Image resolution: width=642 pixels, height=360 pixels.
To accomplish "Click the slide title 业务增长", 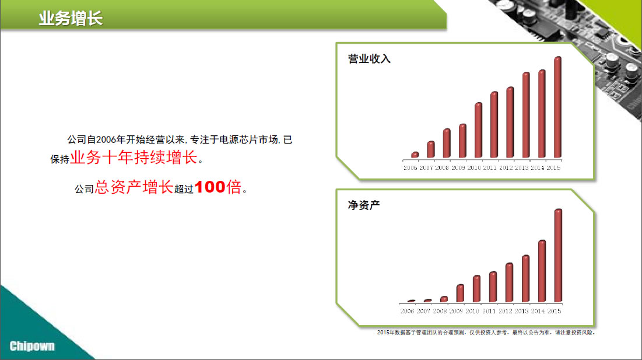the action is tap(71, 19).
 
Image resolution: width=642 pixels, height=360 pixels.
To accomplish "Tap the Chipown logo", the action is tap(32, 346).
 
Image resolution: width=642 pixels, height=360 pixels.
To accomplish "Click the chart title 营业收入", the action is tap(369, 59).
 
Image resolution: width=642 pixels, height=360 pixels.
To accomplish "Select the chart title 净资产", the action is tap(364, 205).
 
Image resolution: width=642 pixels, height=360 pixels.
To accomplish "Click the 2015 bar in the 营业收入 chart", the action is tap(557, 107).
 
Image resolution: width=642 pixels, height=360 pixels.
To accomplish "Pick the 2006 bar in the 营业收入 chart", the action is tap(415, 155).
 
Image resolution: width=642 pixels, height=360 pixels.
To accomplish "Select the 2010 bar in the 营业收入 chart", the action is tap(478, 130).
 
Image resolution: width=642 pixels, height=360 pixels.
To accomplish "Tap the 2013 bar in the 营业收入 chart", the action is tap(526, 115).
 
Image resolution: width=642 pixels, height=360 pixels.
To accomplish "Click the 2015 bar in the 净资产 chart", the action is tap(558, 256).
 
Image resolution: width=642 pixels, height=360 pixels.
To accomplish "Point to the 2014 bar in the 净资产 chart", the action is tap(542, 271).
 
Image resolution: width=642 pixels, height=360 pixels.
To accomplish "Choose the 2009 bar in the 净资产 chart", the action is tap(460, 293).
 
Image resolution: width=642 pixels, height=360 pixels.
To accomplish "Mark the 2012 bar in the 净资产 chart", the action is tap(509, 282).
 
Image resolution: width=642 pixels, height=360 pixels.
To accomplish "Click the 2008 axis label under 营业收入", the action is tap(442, 168).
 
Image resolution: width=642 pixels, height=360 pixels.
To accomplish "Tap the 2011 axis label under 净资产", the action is tap(489, 311).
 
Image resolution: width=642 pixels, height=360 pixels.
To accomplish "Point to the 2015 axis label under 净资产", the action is tap(554, 311).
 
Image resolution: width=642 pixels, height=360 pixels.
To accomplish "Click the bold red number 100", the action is tap(210, 187).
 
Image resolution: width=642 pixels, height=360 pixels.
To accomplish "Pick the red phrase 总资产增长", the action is tap(134, 187).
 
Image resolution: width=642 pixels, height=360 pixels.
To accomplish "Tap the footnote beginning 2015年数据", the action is tap(486, 333).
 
